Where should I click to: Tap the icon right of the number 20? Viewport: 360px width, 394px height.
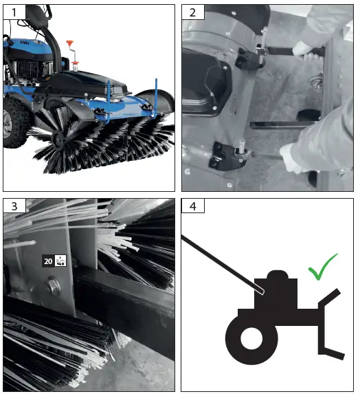pyautogui.click(x=60, y=261)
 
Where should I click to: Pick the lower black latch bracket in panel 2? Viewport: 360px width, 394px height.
pyautogui.click(x=230, y=155)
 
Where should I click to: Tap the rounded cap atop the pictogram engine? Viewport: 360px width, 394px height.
pyautogui.click(x=278, y=275)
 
